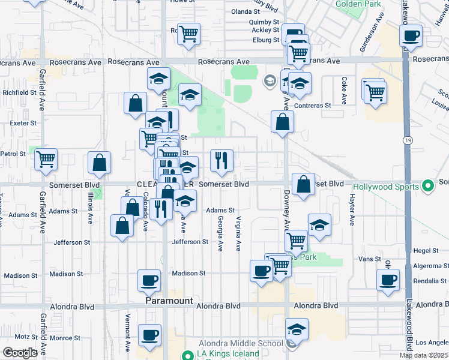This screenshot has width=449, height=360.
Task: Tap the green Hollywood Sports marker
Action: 427,187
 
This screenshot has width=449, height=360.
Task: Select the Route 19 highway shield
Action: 407,139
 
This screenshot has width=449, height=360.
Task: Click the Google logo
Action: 20,353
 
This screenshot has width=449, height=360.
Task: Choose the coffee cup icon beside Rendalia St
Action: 388,278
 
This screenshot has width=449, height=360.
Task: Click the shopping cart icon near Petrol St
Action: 46,159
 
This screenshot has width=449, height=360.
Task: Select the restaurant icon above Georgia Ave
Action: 221,160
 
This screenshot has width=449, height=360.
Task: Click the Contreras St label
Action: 316,106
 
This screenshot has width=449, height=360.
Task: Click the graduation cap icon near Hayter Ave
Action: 320,225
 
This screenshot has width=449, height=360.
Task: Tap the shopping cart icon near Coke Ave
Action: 375,92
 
